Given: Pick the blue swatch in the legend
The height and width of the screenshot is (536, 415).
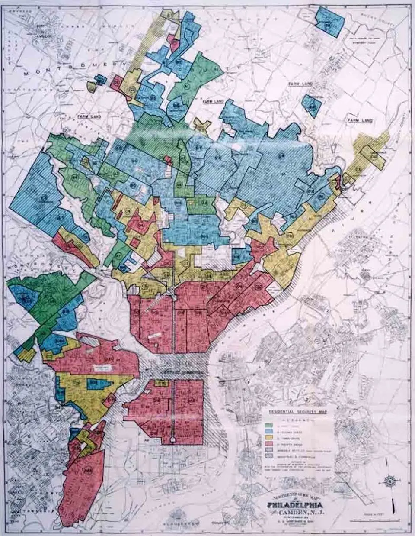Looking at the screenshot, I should [268, 432].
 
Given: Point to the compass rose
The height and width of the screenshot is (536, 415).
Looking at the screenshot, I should [391, 481].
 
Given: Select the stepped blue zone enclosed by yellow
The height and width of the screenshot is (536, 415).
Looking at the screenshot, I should [98, 384].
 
